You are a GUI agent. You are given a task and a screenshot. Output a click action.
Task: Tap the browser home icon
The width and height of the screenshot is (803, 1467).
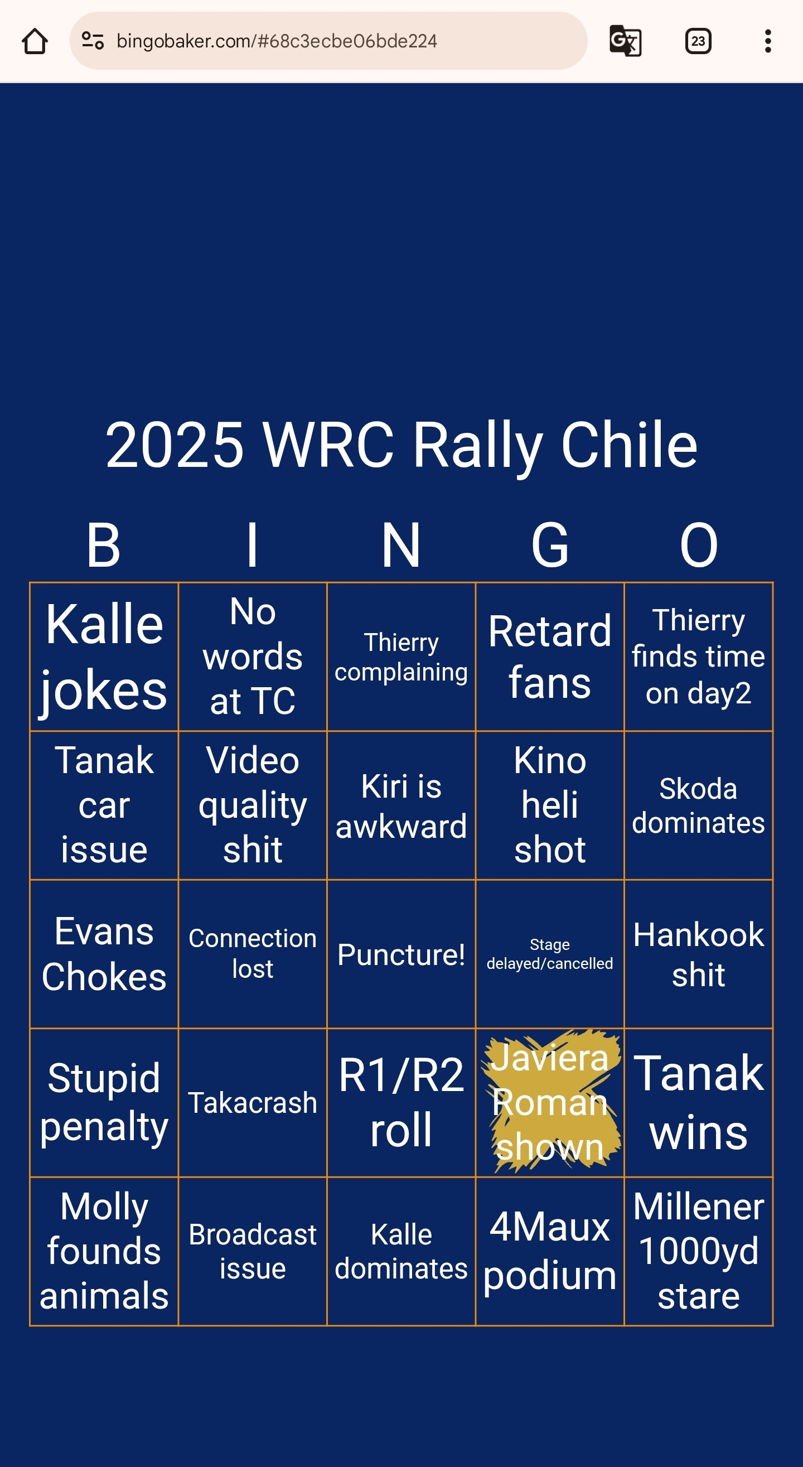click(x=35, y=41)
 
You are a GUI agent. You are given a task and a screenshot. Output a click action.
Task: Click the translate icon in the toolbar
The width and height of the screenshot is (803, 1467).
click(x=625, y=41)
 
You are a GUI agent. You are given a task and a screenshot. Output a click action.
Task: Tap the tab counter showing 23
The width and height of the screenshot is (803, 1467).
click(x=698, y=41)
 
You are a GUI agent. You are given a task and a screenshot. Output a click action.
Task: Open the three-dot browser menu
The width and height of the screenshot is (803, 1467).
click(x=768, y=41)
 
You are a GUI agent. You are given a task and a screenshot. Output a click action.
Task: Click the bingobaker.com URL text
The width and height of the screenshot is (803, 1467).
click(x=277, y=41)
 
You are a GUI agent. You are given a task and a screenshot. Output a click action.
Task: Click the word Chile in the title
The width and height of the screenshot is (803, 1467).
click(x=630, y=445)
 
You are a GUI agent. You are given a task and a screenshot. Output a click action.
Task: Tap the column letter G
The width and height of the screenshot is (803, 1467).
click(x=550, y=545)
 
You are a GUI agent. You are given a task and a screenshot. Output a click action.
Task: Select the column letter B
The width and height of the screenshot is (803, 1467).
click(x=104, y=545)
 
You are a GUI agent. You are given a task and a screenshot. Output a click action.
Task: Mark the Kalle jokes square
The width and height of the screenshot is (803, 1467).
click(x=104, y=657)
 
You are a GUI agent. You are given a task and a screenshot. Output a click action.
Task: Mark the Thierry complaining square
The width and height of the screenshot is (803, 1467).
click(x=401, y=657)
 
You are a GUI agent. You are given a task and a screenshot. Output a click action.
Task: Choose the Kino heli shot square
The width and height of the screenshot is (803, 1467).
click(x=550, y=805)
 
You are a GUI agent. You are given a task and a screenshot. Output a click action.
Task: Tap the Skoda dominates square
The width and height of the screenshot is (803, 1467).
click(x=698, y=805)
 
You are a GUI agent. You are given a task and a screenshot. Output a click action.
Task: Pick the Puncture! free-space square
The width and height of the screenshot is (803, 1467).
click(x=401, y=954)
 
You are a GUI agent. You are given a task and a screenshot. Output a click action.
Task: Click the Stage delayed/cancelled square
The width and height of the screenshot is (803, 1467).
click(x=550, y=954)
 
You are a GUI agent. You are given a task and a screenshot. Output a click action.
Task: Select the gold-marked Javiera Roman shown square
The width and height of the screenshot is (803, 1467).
click(x=550, y=1103)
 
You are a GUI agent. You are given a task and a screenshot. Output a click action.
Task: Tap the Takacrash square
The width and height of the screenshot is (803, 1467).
click(x=252, y=1103)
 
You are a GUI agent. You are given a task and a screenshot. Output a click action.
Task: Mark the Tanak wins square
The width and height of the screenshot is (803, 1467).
click(x=698, y=1103)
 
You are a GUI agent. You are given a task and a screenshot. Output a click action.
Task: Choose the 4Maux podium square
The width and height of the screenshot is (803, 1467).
click(x=550, y=1251)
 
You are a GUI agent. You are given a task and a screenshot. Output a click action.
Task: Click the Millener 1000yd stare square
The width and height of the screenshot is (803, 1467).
click(x=698, y=1251)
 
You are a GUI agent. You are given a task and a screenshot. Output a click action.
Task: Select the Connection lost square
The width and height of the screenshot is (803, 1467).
click(x=252, y=954)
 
